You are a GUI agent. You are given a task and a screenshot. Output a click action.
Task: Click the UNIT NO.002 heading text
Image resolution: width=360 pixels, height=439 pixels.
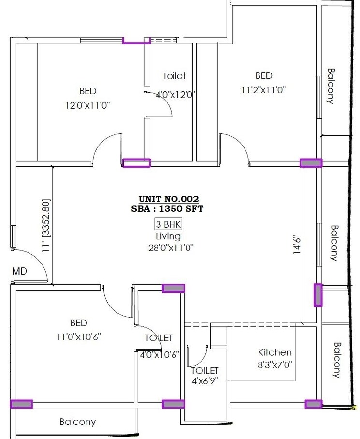coord(168,199)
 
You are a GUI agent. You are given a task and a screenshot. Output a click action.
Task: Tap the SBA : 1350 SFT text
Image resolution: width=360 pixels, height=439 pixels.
coord(168,209)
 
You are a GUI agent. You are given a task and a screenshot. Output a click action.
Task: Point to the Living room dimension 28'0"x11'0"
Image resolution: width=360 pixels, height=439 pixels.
coord(168,248)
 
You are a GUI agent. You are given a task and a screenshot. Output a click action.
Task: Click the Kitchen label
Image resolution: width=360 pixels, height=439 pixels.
coord(274,352)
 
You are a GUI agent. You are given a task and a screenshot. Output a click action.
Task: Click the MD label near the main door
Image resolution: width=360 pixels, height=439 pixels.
coord(19,271)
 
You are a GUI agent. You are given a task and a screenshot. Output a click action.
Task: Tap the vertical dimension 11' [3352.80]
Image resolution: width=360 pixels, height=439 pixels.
coord(46,226)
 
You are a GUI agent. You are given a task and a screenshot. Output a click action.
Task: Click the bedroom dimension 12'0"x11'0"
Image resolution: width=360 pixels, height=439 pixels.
coord(87,105)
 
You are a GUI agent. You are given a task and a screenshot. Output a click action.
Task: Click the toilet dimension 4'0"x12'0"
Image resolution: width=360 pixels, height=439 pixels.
coord(174,95)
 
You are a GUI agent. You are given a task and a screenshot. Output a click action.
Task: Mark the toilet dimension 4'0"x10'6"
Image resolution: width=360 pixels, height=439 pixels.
coord(158,354)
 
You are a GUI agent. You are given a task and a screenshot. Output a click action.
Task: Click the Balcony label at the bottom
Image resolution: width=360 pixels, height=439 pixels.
coord(77,422)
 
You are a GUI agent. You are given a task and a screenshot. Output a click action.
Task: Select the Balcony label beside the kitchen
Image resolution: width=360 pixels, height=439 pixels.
coord(337,360)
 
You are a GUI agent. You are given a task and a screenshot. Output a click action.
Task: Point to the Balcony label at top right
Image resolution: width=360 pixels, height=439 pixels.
coord(331,86)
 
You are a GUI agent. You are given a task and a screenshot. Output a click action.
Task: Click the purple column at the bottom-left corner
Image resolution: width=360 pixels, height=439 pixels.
coord(21,404)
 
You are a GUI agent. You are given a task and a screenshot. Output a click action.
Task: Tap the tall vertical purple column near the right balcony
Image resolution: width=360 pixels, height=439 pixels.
coord(317,295)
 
